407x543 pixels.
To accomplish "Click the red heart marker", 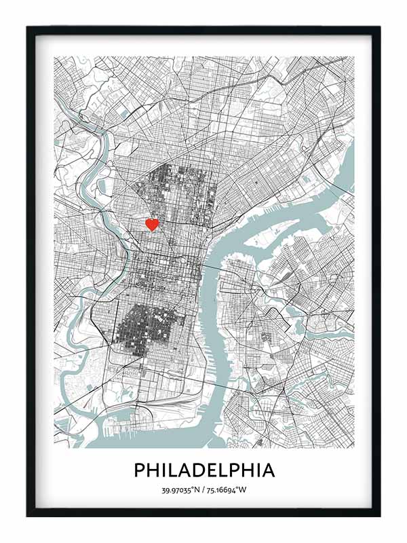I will (x=153, y=224).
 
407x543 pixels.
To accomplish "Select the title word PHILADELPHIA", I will (x=204, y=470).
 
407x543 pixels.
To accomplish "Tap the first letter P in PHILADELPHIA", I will (x=139, y=470).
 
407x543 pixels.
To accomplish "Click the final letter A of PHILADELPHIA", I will (x=268, y=470).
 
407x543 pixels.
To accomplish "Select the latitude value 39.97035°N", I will (x=181, y=490).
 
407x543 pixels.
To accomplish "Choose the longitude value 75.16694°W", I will (x=229, y=490).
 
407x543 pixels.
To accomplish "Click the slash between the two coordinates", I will (x=204, y=490).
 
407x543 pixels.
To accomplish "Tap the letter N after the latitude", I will (x=198, y=490).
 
